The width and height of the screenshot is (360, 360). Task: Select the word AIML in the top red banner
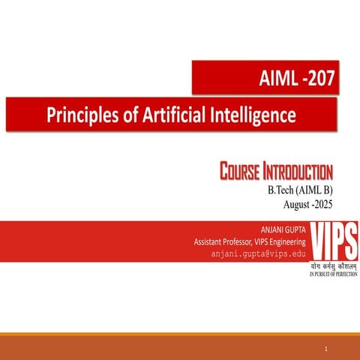[x=277, y=78]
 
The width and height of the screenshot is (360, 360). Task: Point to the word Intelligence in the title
[x=254, y=115]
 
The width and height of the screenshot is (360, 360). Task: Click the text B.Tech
[x=282, y=190]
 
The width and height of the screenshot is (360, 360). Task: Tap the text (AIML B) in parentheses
[x=316, y=190]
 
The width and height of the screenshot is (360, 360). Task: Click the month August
[x=300, y=204]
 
